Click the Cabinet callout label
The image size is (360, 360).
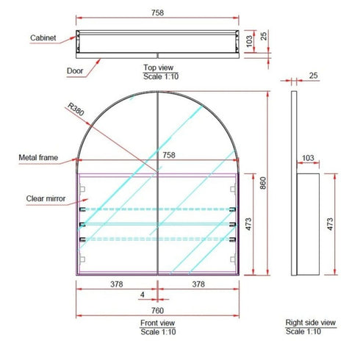tap(43, 38)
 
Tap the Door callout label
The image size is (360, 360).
tap(75, 71)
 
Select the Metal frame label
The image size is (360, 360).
tap(38, 157)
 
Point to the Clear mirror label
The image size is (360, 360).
tap(46, 198)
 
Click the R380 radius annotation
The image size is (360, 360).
tap(76, 109)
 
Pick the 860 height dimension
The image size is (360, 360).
tap(263, 183)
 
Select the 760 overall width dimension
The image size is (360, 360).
tap(157, 311)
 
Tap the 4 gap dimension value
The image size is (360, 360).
tap(143, 295)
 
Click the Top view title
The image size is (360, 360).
tap(159, 68)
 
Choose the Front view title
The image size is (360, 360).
tap(157, 323)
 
